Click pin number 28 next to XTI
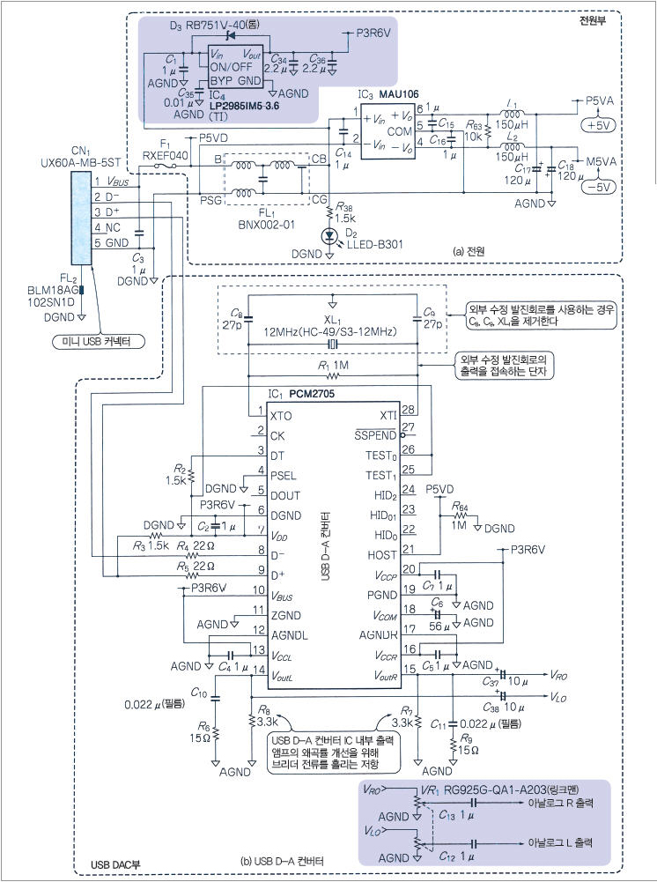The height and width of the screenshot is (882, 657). coord(407,409)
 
